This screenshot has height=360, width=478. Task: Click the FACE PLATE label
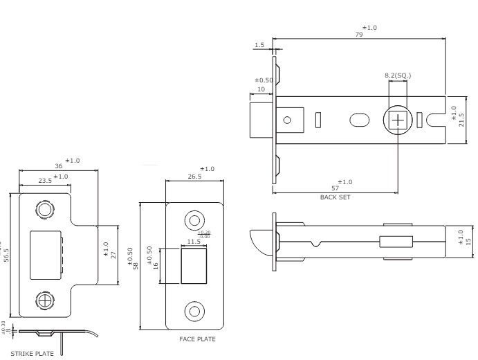tap(197, 339)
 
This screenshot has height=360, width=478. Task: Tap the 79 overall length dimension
tap(358, 34)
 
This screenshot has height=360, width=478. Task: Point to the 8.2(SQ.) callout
tap(398, 75)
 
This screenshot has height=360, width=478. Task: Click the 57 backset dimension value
tap(335, 189)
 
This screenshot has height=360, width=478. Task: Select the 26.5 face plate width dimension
tap(194, 176)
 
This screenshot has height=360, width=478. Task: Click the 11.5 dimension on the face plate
tap(194, 242)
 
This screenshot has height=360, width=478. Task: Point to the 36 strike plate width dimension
tap(59, 167)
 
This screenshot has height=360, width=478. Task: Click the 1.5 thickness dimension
tap(259, 45)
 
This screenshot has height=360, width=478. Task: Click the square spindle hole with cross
tap(398, 120)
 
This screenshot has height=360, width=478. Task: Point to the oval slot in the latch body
tap(360, 120)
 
